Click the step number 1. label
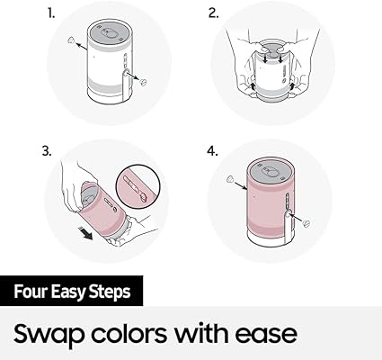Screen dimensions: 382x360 coord(51,13)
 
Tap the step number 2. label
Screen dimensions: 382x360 coord(213,13)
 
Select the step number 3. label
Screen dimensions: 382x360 coord(47,151)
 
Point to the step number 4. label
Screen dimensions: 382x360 coord(212,151)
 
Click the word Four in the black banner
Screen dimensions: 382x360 coord(31,292)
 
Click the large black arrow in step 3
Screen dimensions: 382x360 coord(87,233)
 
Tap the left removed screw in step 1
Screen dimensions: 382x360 coord(71,40)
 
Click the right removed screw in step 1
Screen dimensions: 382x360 coord(144,82)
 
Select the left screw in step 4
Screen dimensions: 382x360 coord(230,178)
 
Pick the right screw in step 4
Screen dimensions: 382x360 coord(306,223)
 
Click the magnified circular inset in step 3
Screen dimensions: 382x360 coord(138,187)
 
